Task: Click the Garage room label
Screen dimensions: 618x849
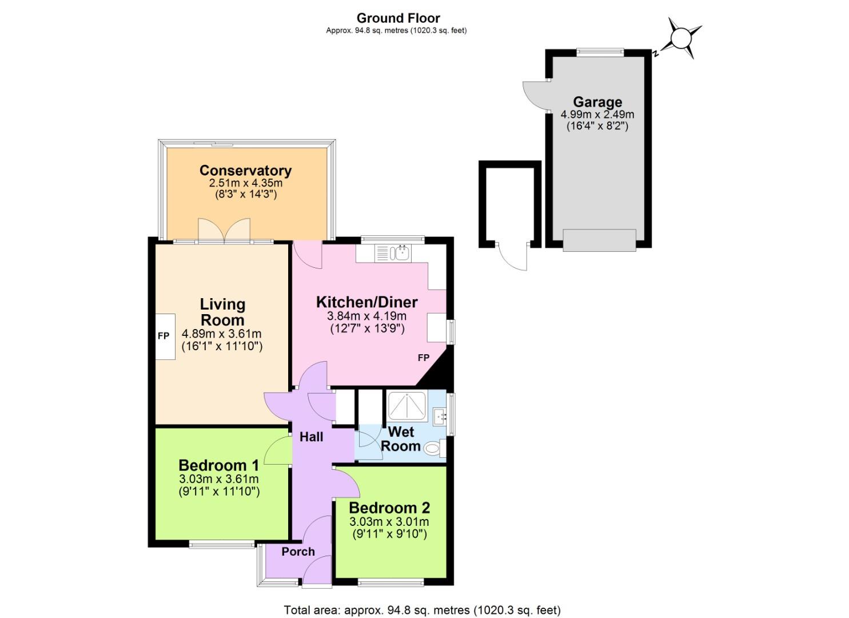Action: tap(597, 102)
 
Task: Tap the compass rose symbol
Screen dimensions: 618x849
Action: tap(681, 38)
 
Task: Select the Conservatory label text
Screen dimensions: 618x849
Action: tap(245, 171)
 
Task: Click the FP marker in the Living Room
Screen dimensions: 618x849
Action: tap(164, 336)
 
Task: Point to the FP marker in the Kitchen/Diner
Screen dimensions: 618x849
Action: tap(423, 358)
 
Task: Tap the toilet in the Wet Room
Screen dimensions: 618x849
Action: tap(435, 448)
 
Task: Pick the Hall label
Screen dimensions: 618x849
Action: tap(311, 437)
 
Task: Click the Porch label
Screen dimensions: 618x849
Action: tap(298, 552)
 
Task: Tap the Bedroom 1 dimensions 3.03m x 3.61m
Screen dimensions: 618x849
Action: tap(219, 479)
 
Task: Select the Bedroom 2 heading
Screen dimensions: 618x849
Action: tap(389, 508)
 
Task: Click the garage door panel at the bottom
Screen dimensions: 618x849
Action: tap(599, 240)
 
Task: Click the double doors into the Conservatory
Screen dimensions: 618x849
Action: tap(224, 230)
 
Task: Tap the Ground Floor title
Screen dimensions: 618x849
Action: tap(398, 18)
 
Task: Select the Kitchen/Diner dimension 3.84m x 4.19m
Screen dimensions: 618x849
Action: tap(366, 316)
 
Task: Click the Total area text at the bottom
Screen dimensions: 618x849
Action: tap(422, 610)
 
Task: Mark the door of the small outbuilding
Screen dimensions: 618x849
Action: tap(513, 257)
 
